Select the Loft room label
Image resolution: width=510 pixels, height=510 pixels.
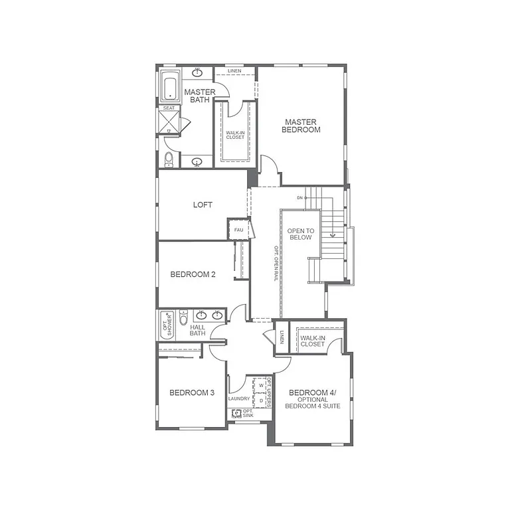tap(203, 205)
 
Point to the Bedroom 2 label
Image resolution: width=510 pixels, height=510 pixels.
tap(193, 274)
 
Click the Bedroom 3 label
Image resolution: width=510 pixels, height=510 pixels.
tap(192, 392)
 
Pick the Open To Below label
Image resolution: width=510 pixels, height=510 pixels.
tap(300, 234)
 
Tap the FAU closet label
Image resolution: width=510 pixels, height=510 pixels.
tap(238, 230)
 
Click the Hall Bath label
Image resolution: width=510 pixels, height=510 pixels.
tap(198, 330)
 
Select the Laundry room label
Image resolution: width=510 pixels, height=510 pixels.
tap(239, 398)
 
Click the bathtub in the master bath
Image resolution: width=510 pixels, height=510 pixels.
tap(169, 87)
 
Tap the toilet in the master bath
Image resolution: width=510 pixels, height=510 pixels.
tap(169, 159)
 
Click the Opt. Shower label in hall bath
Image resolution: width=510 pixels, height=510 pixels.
tap(165, 325)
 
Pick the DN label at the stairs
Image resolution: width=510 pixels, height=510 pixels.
tap(300, 197)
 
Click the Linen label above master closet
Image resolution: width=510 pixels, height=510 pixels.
tap(234, 70)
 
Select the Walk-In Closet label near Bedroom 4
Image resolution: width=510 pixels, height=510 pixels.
tap(312, 341)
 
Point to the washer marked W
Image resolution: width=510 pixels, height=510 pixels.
tap(261, 385)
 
